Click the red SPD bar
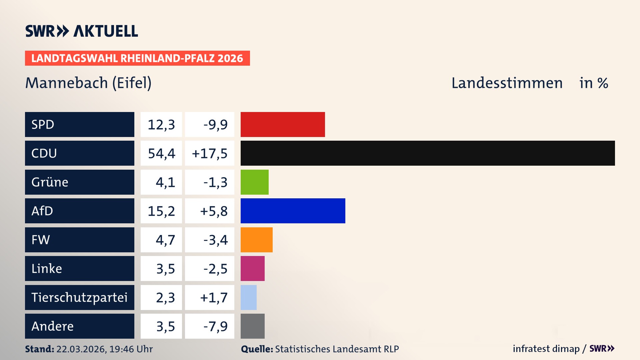tap(283, 124)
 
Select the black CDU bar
tap(428, 153)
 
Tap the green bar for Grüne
tap(254, 182)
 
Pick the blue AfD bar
tap(293, 211)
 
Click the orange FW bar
tap(256, 240)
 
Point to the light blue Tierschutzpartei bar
tap(248, 297)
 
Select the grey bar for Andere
tap(252, 326)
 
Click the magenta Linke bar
tap(252, 268)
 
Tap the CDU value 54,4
tap(161, 153)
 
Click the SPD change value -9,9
tap(215, 125)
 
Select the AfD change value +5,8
tap(213, 211)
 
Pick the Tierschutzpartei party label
tap(79, 297)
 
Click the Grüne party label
tap(50, 182)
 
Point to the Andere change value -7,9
tap(215, 326)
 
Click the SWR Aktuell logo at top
tap(81, 31)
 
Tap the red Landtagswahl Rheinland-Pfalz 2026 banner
tap(137, 58)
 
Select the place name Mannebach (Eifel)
tap(88, 83)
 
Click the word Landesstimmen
tap(507, 83)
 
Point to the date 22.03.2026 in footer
tap(81, 349)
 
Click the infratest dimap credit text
tap(546, 349)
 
